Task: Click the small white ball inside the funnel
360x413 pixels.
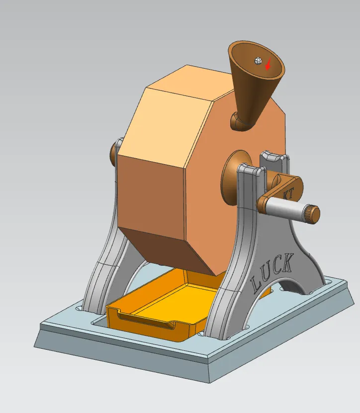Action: point(258,61)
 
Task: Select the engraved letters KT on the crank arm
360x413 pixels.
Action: point(287,194)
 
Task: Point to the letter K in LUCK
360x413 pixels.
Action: point(287,262)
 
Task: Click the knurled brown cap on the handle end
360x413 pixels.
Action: point(313,214)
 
